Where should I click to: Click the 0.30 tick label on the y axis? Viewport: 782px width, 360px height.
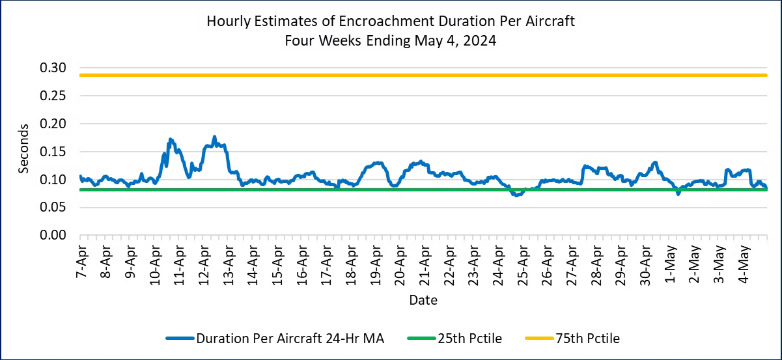[x=53, y=68]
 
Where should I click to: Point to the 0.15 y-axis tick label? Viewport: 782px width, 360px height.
[x=53, y=152]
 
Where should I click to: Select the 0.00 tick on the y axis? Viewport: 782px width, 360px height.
[x=53, y=235]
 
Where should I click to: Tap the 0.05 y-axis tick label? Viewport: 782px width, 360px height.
[x=53, y=208]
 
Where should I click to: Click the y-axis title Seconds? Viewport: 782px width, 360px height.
[x=24, y=148]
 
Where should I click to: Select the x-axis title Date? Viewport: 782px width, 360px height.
[x=423, y=301]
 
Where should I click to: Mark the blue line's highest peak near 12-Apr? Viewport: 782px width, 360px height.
[x=214, y=137]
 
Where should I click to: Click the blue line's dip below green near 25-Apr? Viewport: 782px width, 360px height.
[x=516, y=195]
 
